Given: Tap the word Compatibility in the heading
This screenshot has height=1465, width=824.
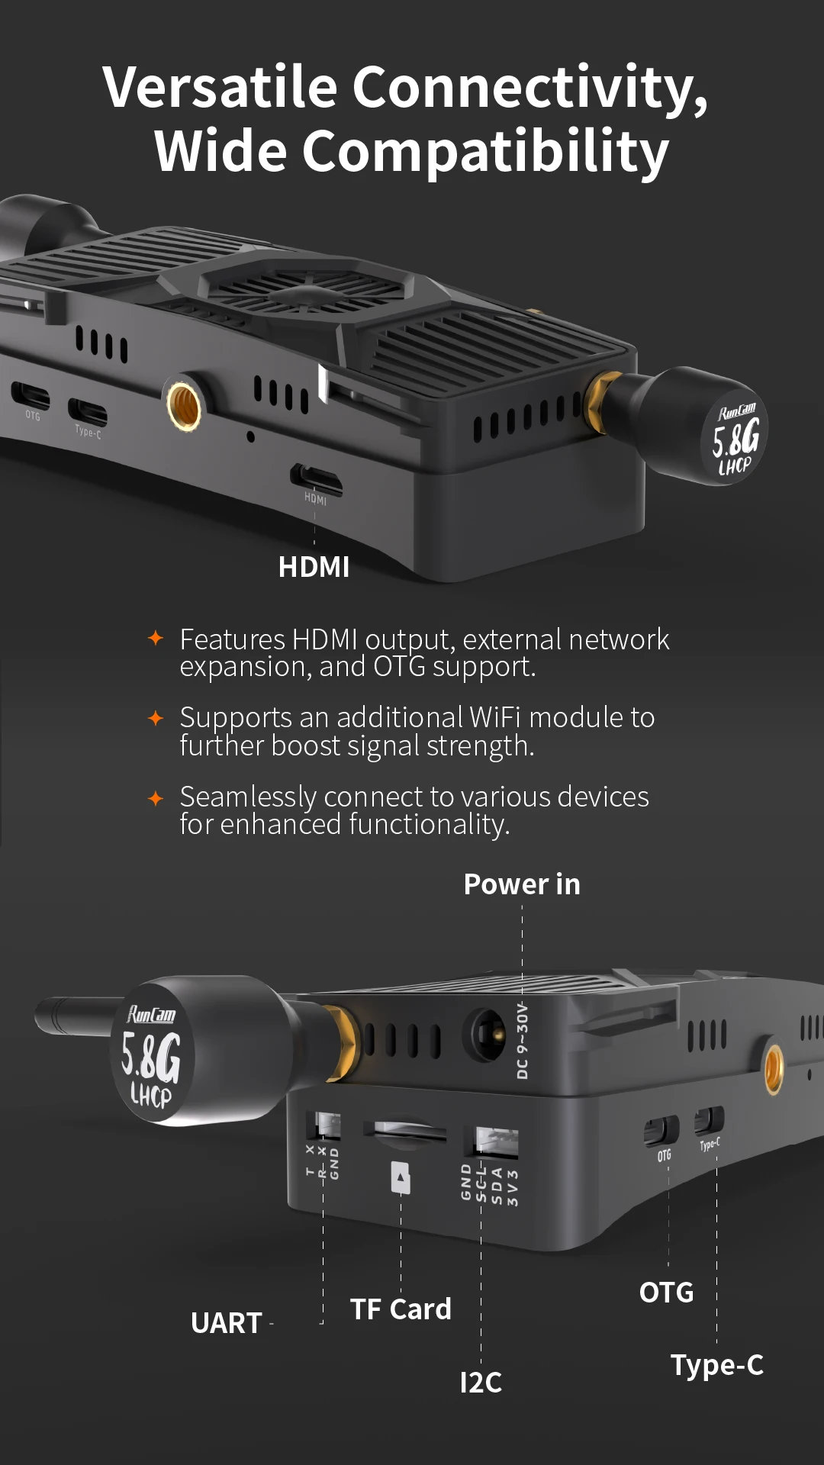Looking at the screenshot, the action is click(x=485, y=152).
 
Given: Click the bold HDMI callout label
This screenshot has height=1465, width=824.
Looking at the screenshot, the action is click(x=314, y=567).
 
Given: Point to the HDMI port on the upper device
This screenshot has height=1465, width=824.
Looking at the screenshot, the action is click(x=316, y=479).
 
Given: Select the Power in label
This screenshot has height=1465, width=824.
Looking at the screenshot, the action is click(x=522, y=884).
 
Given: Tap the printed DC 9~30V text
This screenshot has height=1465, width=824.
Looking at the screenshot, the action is click(x=523, y=1042).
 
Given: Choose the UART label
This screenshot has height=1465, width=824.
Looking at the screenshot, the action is click(x=227, y=1323).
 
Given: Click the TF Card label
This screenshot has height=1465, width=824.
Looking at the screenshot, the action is click(x=401, y=1309).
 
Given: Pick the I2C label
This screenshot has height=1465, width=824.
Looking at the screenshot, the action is click(x=481, y=1383).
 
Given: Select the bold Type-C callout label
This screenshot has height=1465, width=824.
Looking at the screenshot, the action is click(x=716, y=1365).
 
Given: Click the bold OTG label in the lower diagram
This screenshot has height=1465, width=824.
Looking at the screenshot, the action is click(x=666, y=1293).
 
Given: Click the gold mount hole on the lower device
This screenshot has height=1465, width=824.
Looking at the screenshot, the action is click(x=773, y=1068).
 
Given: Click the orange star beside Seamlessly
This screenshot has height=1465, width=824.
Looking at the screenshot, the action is click(x=156, y=798).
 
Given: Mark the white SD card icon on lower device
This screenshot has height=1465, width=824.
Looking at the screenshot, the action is click(x=401, y=1177).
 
